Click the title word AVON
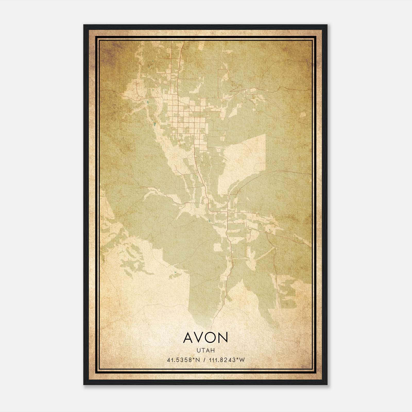(206, 337)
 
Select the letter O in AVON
(211, 337)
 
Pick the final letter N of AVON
(223, 337)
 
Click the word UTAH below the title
(206, 350)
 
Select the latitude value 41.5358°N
(183, 360)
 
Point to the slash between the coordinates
(204, 360)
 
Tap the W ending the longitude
(242, 360)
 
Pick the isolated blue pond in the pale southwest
(175, 272)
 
